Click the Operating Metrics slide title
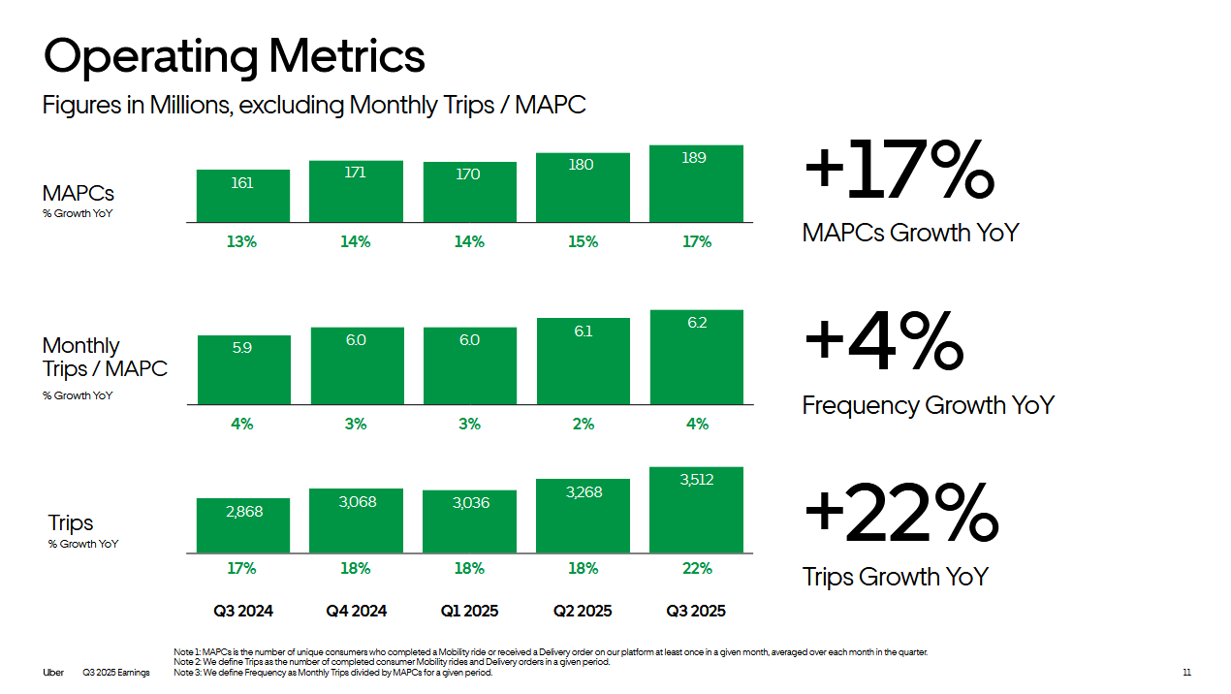(235, 56)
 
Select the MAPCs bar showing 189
(696, 184)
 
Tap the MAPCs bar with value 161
(242, 196)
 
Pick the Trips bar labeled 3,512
(696, 510)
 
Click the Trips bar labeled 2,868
(242, 525)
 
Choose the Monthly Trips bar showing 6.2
(696, 357)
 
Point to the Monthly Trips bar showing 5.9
(242, 369)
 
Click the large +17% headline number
(899, 170)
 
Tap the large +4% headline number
(883, 342)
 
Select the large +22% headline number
(900, 513)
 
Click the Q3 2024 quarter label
(243, 611)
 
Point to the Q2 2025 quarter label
(583, 611)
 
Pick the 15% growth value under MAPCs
(583, 241)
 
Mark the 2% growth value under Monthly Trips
(583, 424)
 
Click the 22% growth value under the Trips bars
(697, 568)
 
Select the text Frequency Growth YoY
(928, 405)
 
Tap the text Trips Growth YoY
(895, 577)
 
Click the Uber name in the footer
(52, 673)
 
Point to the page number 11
(1186, 673)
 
